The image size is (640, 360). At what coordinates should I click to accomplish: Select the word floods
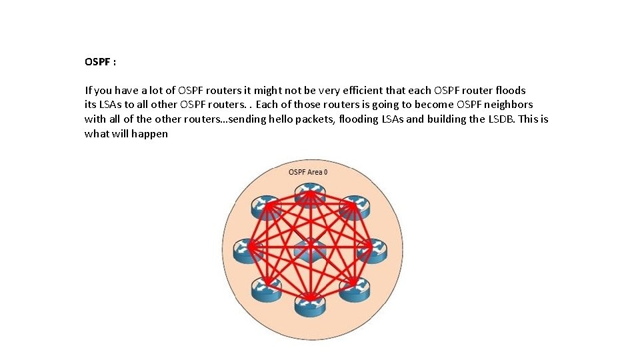510,90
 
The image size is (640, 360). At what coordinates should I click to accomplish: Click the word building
463,119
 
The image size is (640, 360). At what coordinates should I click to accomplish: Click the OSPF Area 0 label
307,172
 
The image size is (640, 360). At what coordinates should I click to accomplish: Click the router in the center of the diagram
309,251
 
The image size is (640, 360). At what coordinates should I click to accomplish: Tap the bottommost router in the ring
309,303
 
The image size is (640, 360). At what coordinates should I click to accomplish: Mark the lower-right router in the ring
353,289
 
